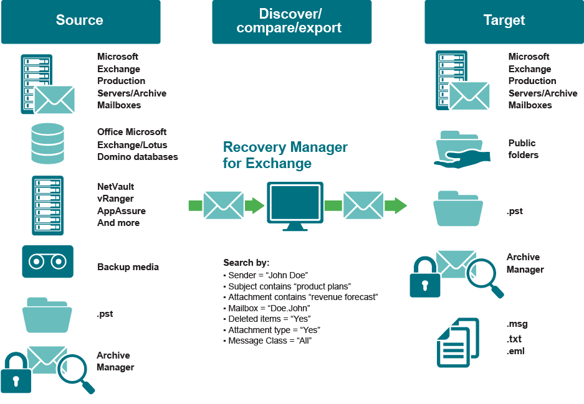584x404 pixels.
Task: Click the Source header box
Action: (80, 21)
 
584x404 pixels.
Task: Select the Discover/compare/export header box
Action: (291, 21)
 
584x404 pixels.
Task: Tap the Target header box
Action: (504, 21)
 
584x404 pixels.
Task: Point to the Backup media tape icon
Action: (47, 261)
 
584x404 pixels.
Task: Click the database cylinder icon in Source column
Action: (48, 143)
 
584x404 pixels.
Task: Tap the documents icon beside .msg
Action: (458, 342)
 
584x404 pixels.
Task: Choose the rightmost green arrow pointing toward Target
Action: (395, 205)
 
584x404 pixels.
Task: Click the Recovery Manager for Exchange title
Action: (285, 156)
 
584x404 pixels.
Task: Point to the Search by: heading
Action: (246, 263)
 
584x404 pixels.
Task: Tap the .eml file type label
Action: (514, 352)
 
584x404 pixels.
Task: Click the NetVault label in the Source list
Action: (115, 187)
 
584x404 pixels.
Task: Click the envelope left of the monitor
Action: (223, 205)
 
